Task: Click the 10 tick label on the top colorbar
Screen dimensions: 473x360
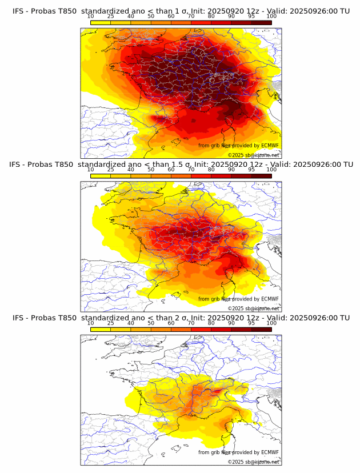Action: pos(90,17)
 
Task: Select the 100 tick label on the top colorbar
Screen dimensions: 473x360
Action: pos(271,17)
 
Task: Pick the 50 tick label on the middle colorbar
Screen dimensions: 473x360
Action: pos(151,170)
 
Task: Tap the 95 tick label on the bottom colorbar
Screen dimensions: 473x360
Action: pos(251,323)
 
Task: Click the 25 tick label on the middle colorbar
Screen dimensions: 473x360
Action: pos(110,170)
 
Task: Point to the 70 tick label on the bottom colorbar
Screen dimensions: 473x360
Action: pos(191,323)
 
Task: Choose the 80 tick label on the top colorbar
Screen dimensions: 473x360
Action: pos(211,17)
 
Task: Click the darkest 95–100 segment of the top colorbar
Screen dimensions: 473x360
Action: pos(261,22)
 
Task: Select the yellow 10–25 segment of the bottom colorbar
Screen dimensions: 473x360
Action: pos(100,330)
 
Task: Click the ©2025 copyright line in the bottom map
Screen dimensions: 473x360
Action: pos(253,462)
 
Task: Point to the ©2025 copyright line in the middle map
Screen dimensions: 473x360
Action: pos(253,308)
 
